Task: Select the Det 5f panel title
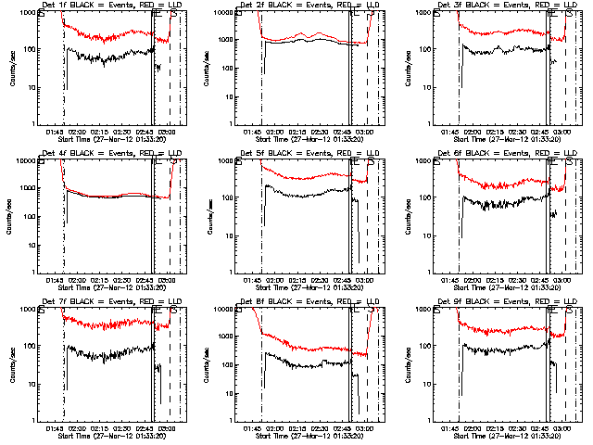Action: point(309,155)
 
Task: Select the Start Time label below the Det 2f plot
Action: point(309,140)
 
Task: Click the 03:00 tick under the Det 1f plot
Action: point(167,133)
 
